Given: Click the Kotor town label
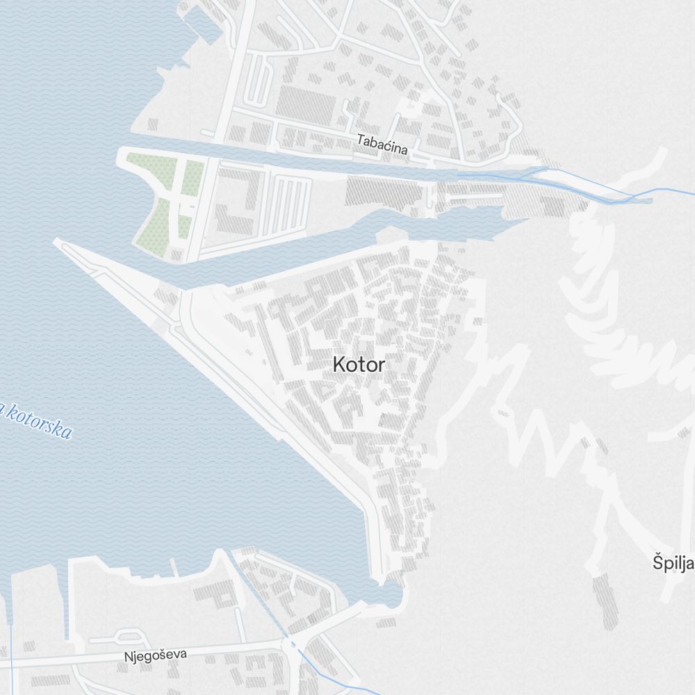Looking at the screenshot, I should (x=358, y=364).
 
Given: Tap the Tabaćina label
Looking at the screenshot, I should (x=382, y=141).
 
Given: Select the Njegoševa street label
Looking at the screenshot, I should (x=156, y=655).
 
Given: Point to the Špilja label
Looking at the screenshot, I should (x=673, y=563).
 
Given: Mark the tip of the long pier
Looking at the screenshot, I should (x=57, y=242).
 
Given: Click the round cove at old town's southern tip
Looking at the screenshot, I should (x=389, y=595).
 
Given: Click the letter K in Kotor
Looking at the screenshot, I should (x=338, y=364).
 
